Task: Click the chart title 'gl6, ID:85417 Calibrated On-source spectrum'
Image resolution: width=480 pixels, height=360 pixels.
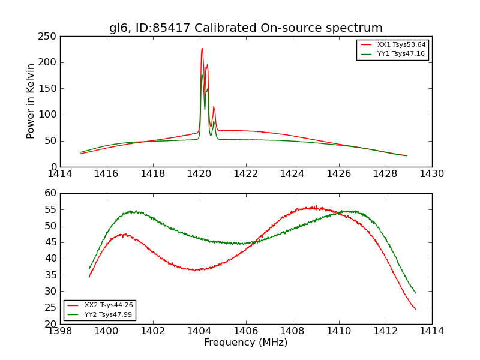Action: point(245,28)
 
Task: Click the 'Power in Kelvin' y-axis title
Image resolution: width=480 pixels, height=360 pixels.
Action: point(31,101)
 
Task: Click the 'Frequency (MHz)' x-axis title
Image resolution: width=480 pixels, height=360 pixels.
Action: point(245,343)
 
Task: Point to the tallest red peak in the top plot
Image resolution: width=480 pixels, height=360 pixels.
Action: point(202,49)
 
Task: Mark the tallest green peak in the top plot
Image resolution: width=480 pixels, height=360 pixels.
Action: point(202,75)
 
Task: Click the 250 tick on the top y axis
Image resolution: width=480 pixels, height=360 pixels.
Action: point(49,37)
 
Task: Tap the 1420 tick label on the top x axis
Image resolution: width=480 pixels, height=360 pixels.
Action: point(199,174)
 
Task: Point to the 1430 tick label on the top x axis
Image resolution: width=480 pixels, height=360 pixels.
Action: point(431,174)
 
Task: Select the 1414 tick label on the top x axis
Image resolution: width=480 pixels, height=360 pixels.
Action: point(60,174)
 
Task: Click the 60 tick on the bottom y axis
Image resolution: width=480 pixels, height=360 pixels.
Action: point(50,193)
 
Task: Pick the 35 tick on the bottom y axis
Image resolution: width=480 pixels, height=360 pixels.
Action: point(50,275)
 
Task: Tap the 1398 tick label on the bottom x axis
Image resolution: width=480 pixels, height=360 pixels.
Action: point(60,331)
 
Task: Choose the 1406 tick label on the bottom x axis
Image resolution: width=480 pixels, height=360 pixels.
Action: point(245,331)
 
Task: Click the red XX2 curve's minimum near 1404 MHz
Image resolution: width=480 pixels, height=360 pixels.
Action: point(196,270)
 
